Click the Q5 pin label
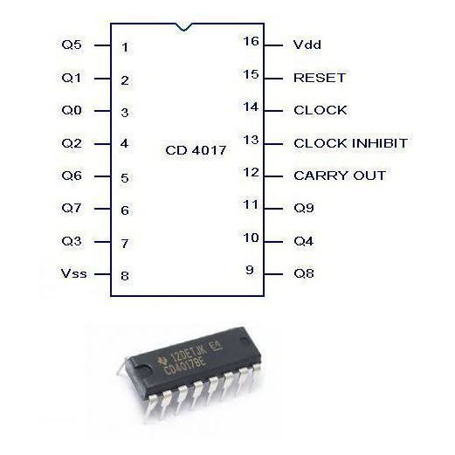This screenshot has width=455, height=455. coord(72,45)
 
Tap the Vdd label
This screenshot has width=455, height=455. coord(307,45)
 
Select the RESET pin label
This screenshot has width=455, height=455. coord(320,78)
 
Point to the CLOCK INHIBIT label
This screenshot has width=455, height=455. coord(350,143)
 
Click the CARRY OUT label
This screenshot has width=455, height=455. coord(340,176)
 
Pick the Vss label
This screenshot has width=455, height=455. coord(73,273)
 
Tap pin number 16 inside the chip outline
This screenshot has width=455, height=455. coord(251,41)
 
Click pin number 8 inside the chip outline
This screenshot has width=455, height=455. coord(125,276)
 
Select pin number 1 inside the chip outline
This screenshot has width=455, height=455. coord(125,47)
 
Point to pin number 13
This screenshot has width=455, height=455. coord(251,140)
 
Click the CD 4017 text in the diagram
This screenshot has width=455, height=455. coord(196,150)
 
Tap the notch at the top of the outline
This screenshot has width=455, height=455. coord(183,27)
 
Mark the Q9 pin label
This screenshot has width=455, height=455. coord(304,208)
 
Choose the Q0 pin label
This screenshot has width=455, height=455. coord(72,110)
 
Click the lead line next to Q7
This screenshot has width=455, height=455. coord(102,209)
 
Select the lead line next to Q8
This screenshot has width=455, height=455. coord(273,274)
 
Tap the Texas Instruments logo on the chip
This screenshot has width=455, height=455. coord(162,360)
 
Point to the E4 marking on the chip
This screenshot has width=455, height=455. coord(216,346)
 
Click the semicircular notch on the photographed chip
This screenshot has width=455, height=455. coord(143,369)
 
